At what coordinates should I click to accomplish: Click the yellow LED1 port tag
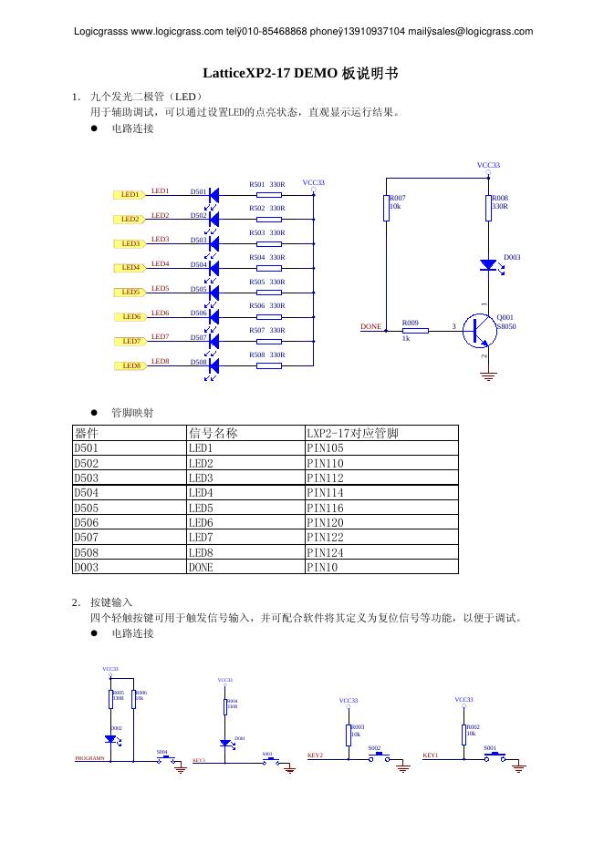pyautogui.click(x=130, y=195)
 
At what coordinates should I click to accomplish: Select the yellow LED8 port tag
pyautogui.click(x=130, y=365)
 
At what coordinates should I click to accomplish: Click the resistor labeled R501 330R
pyautogui.click(x=268, y=194)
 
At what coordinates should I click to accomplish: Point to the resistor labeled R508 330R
pyautogui.click(x=268, y=365)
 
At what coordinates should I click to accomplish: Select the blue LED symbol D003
pyautogui.click(x=489, y=265)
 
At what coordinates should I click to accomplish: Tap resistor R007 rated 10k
pyautogui.click(x=385, y=208)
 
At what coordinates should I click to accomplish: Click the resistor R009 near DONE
pyautogui.click(x=414, y=331)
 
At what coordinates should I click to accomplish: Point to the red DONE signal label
pyautogui.click(x=370, y=326)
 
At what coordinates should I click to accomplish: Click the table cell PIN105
pyautogui.click(x=326, y=448)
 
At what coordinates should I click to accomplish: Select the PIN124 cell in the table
pyautogui.click(x=326, y=552)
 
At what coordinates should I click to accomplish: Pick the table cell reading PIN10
pyautogui.click(x=322, y=567)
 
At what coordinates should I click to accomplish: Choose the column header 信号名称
pyautogui.click(x=213, y=433)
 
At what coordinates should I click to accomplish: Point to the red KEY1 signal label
pyautogui.click(x=431, y=755)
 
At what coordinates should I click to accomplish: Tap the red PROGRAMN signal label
pyautogui.click(x=89, y=758)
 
